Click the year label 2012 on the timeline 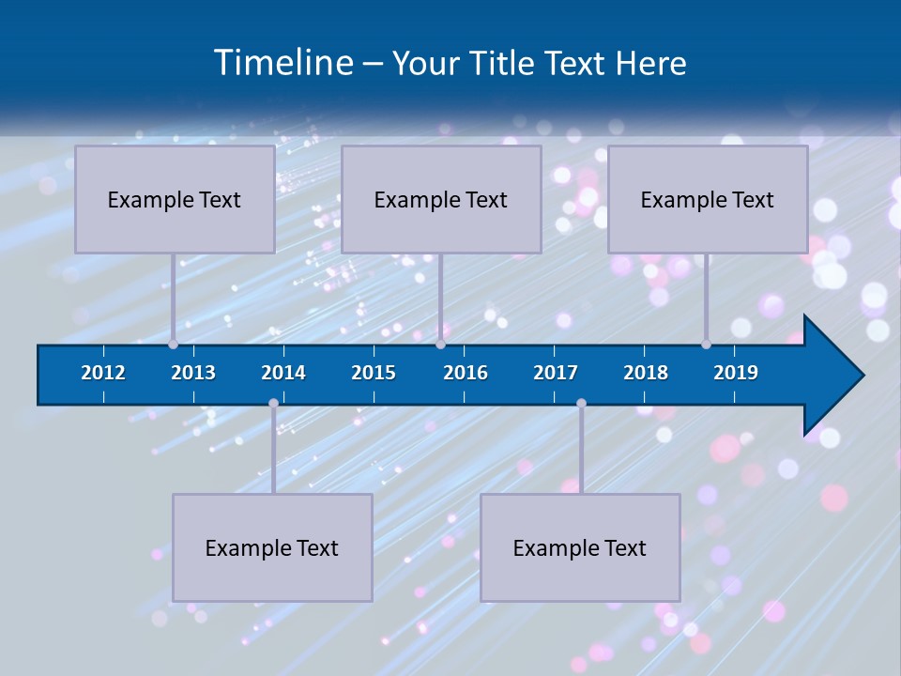tap(103, 373)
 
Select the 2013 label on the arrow tap(193, 373)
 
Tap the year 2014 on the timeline tap(283, 373)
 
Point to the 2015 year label tap(374, 373)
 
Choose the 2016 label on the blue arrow tap(466, 373)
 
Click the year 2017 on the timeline tap(556, 373)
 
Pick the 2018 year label tap(646, 373)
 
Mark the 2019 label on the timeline tap(736, 373)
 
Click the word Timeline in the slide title tap(282, 63)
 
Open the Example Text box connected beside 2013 tap(175, 199)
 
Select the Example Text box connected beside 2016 tap(441, 199)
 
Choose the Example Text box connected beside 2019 tap(708, 199)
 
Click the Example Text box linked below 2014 tap(272, 547)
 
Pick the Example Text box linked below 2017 tap(580, 547)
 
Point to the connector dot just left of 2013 tap(173, 345)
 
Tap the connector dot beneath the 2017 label tap(581, 404)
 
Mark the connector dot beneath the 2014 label tap(273, 404)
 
